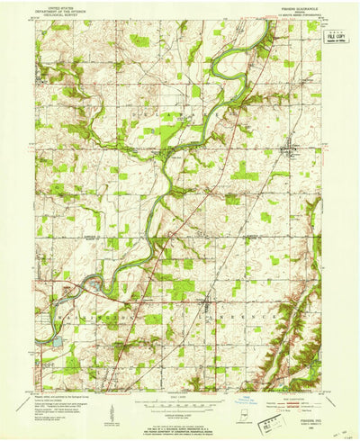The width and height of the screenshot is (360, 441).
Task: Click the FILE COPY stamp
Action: [x=336, y=37]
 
